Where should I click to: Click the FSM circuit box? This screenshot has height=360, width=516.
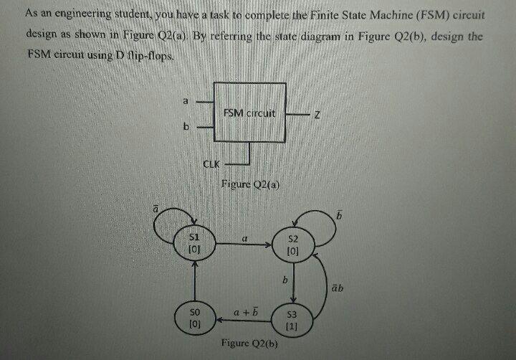coord(249,114)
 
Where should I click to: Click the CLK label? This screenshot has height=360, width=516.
coord(211,164)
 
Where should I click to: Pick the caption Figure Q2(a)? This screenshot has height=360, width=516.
coord(249,185)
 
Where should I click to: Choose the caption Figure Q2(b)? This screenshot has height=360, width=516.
coord(249,344)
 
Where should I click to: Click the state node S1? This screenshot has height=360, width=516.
coord(193,242)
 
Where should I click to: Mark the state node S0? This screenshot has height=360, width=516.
coord(193,318)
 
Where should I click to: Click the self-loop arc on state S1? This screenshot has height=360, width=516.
coord(172,214)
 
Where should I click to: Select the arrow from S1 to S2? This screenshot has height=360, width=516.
coord(240,244)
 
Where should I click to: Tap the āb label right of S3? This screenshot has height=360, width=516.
coord(338,288)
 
